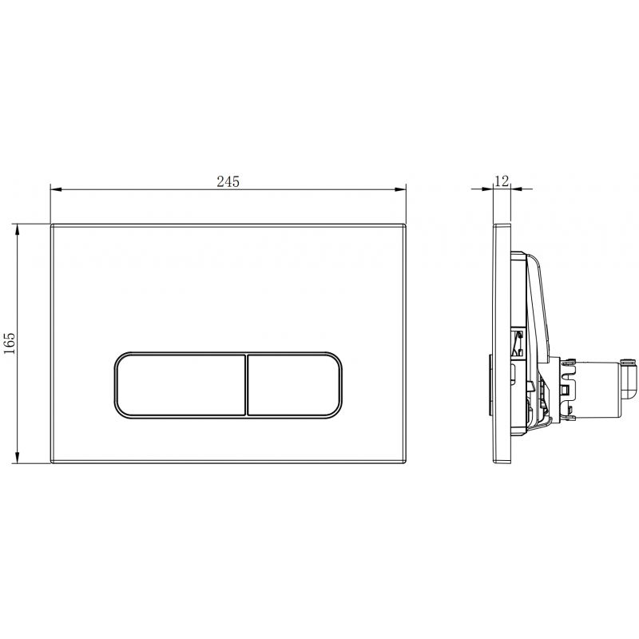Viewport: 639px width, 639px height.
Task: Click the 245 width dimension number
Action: (228, 181)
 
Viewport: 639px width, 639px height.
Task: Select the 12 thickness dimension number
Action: (502, 181)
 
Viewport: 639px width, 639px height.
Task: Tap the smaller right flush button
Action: (296, 383)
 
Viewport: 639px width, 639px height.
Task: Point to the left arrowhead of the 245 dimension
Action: (54, 190)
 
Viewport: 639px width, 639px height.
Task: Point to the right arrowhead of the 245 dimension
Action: (403, 190)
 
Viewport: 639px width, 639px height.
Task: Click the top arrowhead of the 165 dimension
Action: (18, 228)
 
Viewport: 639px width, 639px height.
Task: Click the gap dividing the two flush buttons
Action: (246, 383)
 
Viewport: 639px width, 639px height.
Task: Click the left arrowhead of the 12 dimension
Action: (490, 190)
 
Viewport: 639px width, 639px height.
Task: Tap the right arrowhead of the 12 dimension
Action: (515, 190)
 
